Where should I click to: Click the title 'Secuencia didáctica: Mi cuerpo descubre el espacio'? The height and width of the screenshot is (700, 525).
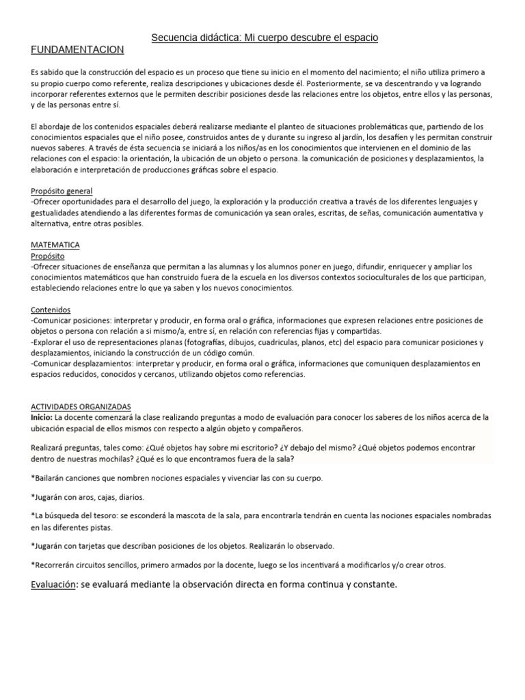click(264, 38)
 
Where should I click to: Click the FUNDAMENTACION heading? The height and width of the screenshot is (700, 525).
click(78, 50)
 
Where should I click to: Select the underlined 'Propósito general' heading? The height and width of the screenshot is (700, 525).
click(62, 191)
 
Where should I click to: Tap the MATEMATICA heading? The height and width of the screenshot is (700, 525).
click(56, 244)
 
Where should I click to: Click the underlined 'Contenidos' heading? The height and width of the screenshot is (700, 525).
click(51, 310)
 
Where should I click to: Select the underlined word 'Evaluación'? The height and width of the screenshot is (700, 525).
click(54, 585)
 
